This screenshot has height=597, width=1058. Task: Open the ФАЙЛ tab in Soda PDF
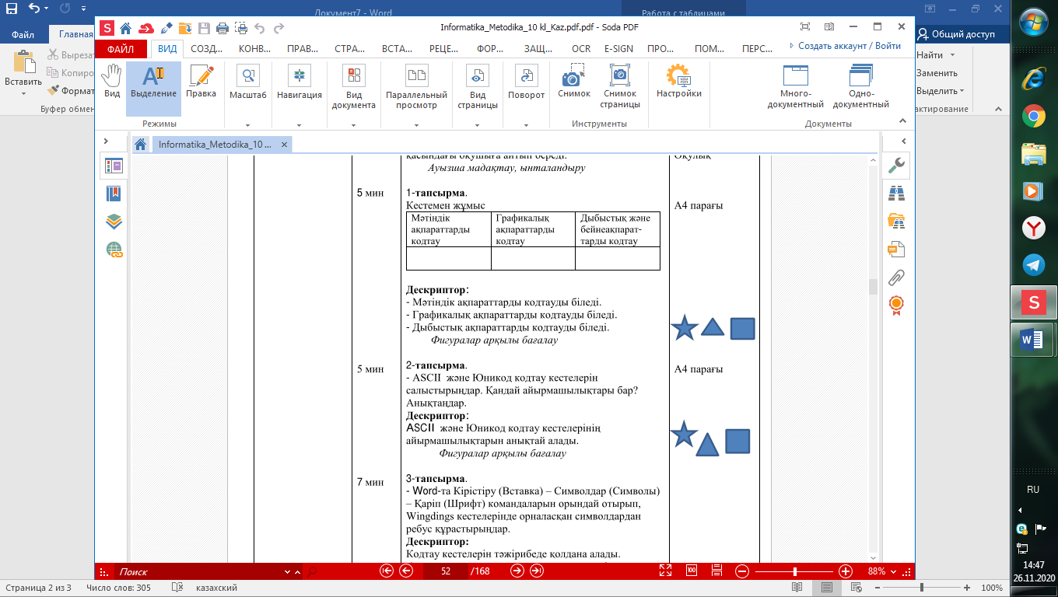tap(121, 48)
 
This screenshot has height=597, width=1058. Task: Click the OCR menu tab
tap(580, 48)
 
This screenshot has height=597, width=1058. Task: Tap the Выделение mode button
tap(153, 82)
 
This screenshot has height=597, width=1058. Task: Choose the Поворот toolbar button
tap(527, 82)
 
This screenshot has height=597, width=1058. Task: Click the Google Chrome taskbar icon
tap(1032, 117)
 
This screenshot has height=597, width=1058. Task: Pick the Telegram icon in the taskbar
tap(1033, 264)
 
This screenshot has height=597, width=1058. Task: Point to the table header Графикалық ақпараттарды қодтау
tap(525, 229)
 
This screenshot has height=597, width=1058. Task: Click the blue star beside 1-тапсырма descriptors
tap(684, 328)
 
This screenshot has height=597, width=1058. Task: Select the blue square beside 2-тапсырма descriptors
tap(737, 441)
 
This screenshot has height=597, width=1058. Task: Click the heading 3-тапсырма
tap(436, 478)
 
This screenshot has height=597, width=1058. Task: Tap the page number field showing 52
tap(445, 571)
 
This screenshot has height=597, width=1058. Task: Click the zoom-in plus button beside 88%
tap(846, 571)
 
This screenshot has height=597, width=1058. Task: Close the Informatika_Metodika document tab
tap(284, 145)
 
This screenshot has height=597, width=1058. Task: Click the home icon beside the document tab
tap(141, 145)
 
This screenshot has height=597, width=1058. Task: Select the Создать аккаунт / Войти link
tap(845, 46)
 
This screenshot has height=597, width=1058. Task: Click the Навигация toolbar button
tap(300, 82)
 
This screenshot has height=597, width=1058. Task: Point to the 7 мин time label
tap(370, 483)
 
